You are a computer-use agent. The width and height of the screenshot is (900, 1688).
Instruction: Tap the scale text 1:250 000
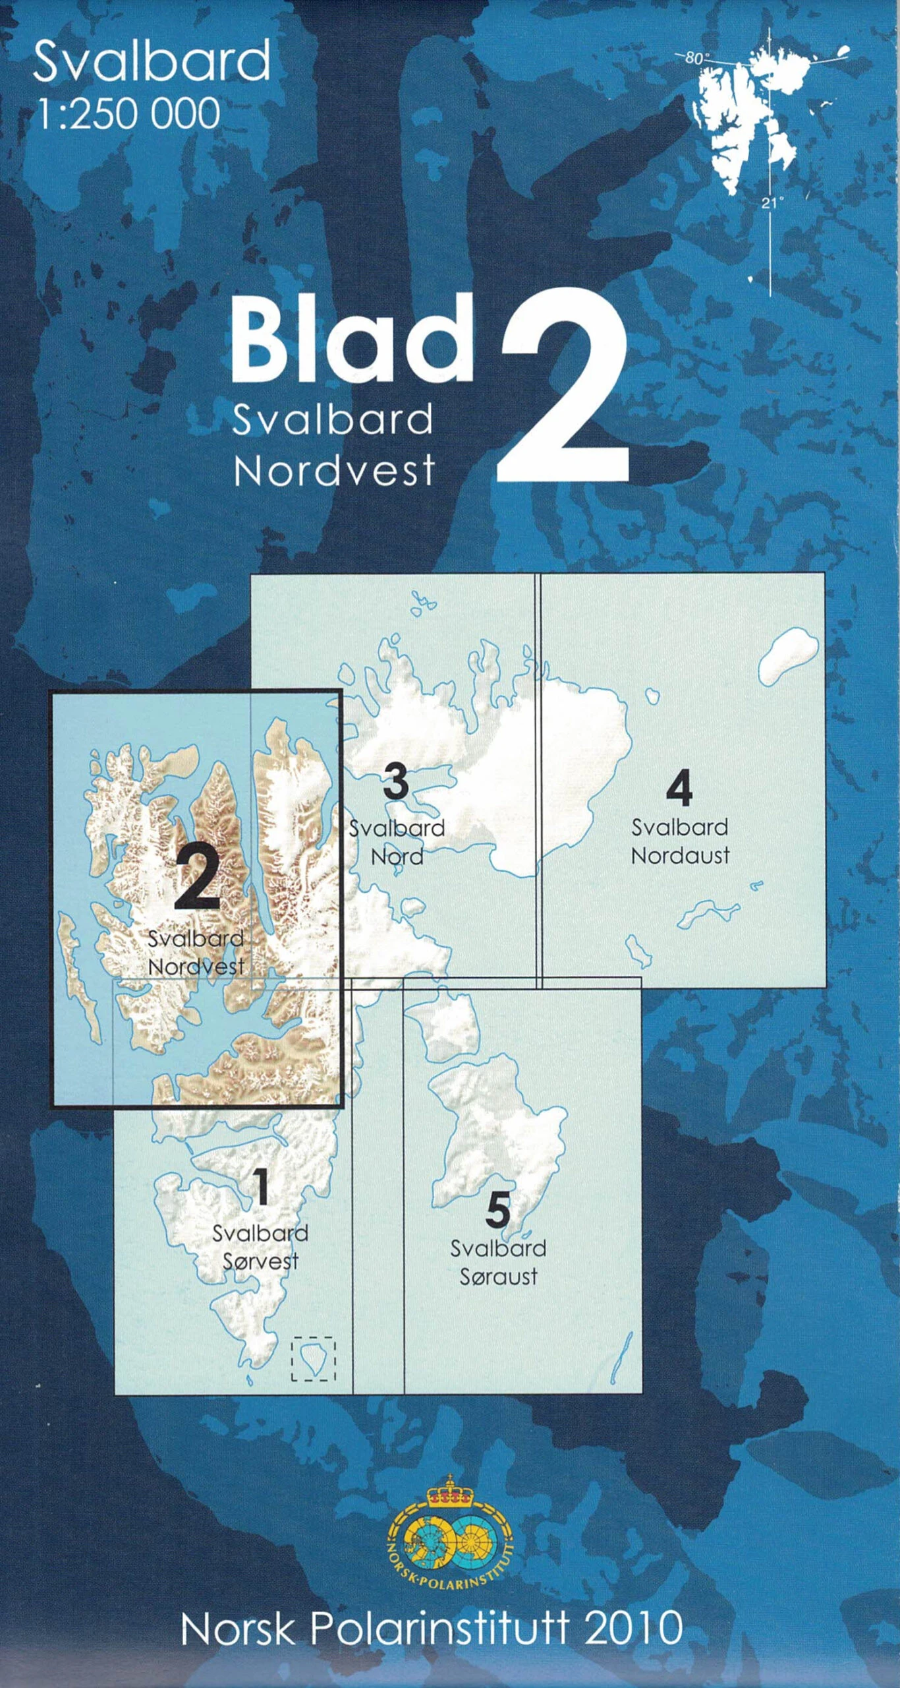coord(128,113)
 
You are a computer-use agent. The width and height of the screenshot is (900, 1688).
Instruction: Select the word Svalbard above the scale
coord(152,61)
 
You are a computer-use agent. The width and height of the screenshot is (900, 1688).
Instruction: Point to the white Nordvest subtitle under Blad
coord(334,471)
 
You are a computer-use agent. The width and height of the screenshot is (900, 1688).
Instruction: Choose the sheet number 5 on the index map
coord(498,1211)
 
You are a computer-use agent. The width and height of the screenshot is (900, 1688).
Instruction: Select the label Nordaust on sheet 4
coord(680,856)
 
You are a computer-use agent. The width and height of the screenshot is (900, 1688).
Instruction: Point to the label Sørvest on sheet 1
coord(260,1262)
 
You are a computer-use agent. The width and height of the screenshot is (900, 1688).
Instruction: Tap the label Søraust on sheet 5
coord(498,1277)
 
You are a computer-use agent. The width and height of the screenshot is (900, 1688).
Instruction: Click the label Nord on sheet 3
coord(397,857)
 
